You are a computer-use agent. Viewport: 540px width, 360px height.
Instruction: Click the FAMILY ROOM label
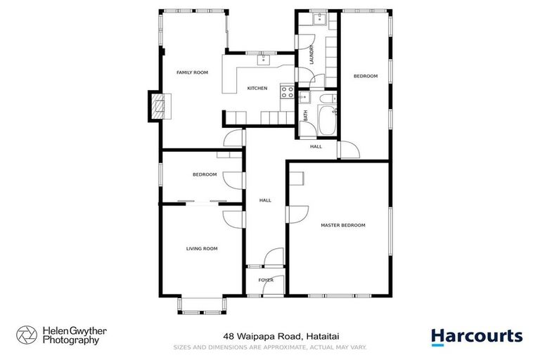[x=192, y=72]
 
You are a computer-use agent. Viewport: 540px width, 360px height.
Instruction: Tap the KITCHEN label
[x=257, y=88]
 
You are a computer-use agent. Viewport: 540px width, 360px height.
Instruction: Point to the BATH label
[x=305, y=117]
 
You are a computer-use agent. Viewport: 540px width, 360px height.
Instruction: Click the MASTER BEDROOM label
[x=342, y=225]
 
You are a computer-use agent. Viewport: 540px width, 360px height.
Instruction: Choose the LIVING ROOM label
[x=201, y=248]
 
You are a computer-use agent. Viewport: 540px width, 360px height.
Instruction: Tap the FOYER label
[x=266, y=280]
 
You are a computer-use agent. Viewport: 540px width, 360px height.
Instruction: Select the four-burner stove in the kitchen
[x=287, y=90]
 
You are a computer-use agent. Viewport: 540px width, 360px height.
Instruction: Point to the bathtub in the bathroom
[x=328, y=122]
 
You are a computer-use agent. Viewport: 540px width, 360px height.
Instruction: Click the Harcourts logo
[x=477, y=336]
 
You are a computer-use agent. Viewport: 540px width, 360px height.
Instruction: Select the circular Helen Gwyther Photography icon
[x=27, y=335]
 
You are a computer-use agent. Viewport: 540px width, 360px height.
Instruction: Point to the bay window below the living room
[x=201, y=305]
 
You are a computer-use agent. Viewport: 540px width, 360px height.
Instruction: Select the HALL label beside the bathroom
[x=316, y=146]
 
